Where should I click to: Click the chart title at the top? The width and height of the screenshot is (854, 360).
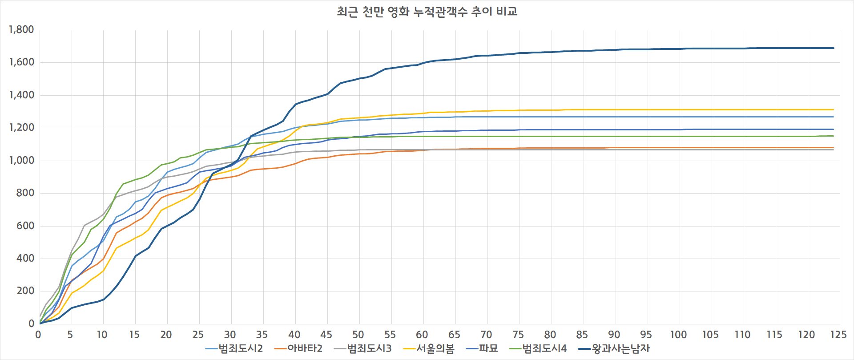click(x=427, y=12)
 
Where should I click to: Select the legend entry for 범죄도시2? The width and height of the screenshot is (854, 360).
click(x=234, y=348)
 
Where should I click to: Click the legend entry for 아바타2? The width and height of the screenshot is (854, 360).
click(x=298, y=348)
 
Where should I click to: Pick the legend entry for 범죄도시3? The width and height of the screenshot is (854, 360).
click(x=363, y=348)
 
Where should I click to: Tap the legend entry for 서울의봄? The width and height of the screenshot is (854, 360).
click(x=429, y=348)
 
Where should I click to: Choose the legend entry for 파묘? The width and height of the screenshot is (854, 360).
click(x=482, y=348)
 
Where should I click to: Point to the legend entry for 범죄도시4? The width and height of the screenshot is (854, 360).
click(x=538, y=348)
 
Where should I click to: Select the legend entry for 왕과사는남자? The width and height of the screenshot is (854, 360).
click(x=614, y=348)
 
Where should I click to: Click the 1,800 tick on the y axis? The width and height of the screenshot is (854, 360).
click(x=21, y=30)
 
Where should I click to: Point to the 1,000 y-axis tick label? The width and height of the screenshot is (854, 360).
click(x=21, y=161)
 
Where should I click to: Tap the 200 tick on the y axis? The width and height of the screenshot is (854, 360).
click(x=25, y=291)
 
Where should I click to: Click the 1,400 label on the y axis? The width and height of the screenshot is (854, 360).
click(x=21, y=95)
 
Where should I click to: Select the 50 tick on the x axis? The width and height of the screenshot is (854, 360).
click(x=358, y=335)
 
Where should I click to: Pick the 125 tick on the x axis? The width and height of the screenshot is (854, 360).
click(x=838, y=335)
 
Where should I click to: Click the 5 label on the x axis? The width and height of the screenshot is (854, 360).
click(x=70, y=335)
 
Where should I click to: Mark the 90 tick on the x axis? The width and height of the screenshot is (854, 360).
click(x=614, y=335)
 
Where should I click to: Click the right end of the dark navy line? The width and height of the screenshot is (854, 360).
click(x=834, y=48)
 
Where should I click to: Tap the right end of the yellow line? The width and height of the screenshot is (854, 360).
click(x=834, y=109)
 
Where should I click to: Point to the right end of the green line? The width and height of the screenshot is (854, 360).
click(x=834, y=136)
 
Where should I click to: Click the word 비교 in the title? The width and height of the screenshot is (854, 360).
click(x=507, y=12)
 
